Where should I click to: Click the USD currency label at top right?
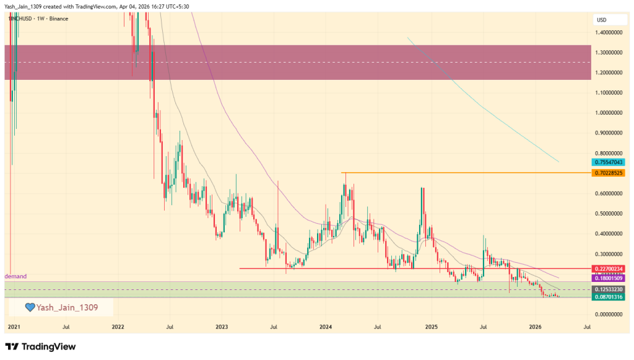pyautogui.click(x=601, y=20)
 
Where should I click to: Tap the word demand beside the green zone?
pyautogui.click(x=15, y=276)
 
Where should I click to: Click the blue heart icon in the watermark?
pyautogui.click(x=28, y=307)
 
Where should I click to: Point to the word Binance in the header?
pyautogui.click(x=58, y=19)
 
